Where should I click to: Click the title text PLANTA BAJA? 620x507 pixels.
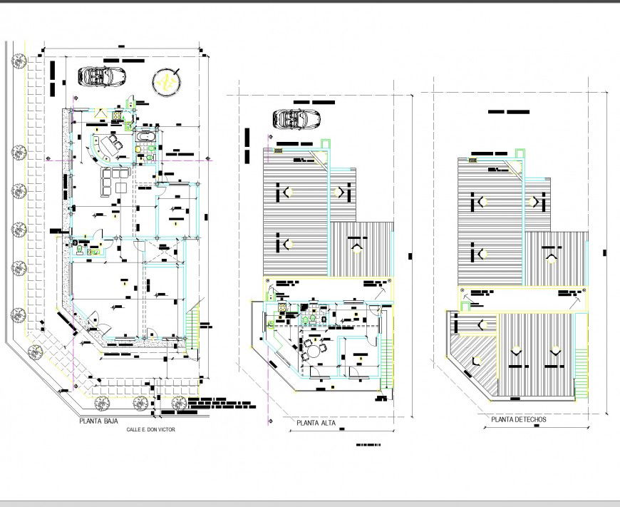click(x=98, y=422)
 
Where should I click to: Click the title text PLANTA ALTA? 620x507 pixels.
click(x=316, y=423)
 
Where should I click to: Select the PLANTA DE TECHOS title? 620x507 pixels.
click(x=519, y=419)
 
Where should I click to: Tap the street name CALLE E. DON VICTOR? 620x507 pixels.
click(x=150, y=430)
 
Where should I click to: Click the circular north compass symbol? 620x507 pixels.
click(x=168, y=83)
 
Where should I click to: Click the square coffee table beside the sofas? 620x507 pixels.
click(x=121, y=188)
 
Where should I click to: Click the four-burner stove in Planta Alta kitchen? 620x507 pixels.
click(x=282, y=307)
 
